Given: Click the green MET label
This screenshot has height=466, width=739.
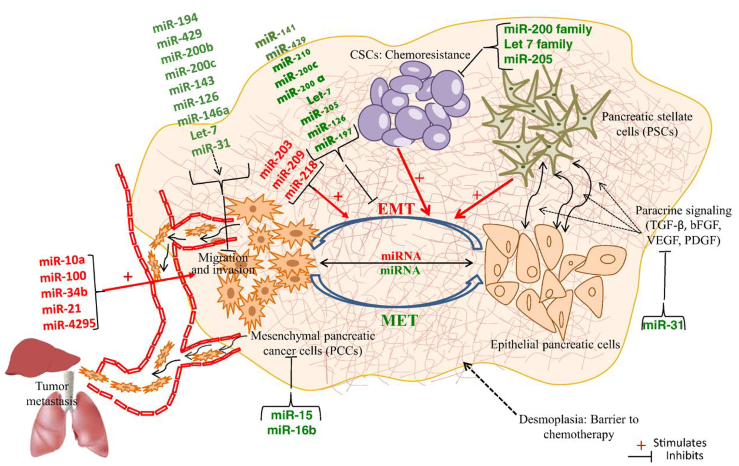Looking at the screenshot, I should pos(399,320).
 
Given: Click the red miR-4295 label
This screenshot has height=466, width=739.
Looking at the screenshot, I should pos(69,325).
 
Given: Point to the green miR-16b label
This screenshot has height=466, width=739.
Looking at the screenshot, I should pos(291,430).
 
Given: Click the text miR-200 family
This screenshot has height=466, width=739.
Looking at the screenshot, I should pos(548,30).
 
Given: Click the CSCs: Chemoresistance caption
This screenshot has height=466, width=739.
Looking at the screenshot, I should pos(410,55).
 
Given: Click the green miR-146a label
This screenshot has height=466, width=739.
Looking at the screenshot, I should pos(204,117).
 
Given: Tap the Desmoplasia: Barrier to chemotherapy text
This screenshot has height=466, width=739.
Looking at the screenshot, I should pos(579,427).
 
